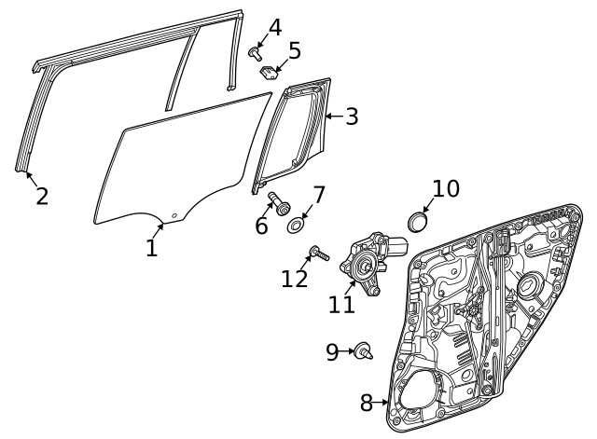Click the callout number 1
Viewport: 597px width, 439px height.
click(x=151, y=248)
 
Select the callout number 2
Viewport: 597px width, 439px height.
click(x=42, y=197)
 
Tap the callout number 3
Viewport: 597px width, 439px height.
click(x=352, y=117)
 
